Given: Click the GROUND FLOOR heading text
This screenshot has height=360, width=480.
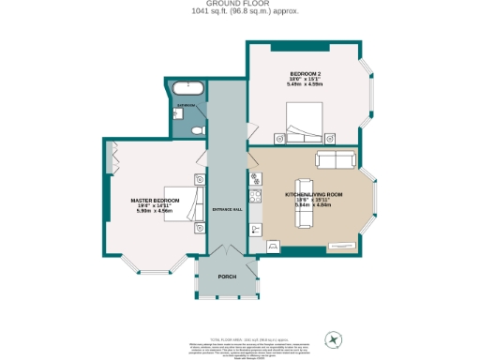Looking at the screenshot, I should (239, 4).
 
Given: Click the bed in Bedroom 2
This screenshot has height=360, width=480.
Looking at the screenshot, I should (306, 120).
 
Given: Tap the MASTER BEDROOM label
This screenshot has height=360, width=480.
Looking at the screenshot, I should (155, 201).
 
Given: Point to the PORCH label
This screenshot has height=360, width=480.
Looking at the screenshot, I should (226, 277).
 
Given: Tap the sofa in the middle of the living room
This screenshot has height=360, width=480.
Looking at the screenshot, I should (304, 202).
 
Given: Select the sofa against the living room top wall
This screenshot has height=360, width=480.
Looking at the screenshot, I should (336, 158).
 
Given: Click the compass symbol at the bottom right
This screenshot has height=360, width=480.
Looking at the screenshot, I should (333, 337).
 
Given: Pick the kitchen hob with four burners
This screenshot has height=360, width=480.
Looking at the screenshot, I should (254, 195).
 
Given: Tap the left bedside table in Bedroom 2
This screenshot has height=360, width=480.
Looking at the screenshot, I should (278, 136).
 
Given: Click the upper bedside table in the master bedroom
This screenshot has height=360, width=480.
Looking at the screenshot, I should (200, 179).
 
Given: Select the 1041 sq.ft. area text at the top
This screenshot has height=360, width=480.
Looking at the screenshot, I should (239, 12).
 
